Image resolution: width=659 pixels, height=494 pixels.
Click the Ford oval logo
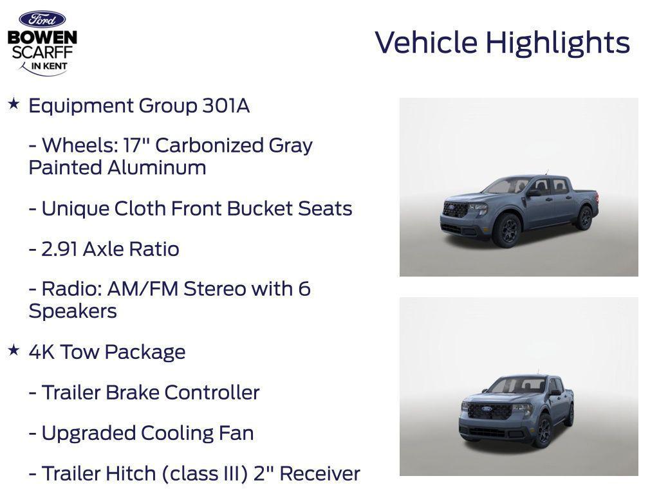[x=42, y=19]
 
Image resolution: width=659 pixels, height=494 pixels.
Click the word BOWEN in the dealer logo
[x=42, y=38]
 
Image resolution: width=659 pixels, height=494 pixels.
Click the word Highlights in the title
[x=557, y=43]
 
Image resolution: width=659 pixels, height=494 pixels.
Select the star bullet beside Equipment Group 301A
[x=14, y=104]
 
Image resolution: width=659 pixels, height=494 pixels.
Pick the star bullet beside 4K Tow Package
[x=14, y=351]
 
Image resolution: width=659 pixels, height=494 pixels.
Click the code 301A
[x=225, y=106]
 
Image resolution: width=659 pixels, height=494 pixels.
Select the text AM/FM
[x=143, y=289]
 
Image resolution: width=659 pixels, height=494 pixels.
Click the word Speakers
[x=73, y=311]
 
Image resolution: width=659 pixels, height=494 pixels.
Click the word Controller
[x=212, y=393]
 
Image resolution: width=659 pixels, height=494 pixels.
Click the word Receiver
[x=320, y=474]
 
